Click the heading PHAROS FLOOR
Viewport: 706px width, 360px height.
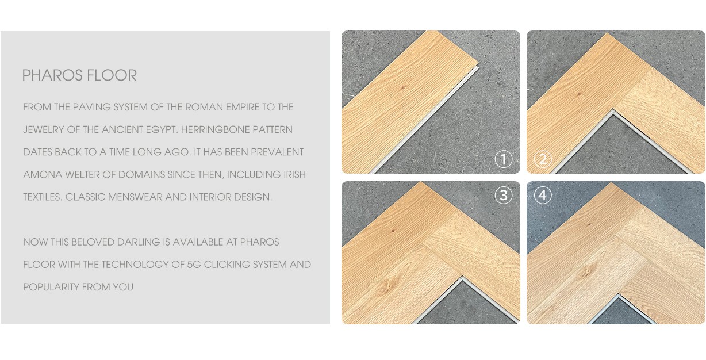pyautogui.click(x=79, y=75)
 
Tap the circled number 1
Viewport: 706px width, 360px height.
pyautogui.click(x=503, y=159)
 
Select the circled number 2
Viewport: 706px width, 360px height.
pyautogui.click(x=542, y=159)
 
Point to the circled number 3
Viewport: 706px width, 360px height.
pyautogui.click(x=503, y=195)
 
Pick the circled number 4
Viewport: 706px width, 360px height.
pyautogui.click(x=542, y=195)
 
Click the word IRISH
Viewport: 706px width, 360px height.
pyautogui.click(x=294, y=175)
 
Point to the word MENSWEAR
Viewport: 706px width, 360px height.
pyautogui.click(x=135, y=197)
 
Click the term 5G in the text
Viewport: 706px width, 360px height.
pyautogui.click(x=194, y=265)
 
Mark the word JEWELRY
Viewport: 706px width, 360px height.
pyautogui.click(x=44, y=129)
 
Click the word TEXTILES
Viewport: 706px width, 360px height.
pyautogui.click(x=43, y=197)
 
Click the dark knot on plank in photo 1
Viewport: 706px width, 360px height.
pyautogui.click(x=402, y=87)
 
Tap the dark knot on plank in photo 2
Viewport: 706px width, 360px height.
pyautogui.click(x=579, y=94)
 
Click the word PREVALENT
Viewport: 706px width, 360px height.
pyautogui.click(x=277, y=152)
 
